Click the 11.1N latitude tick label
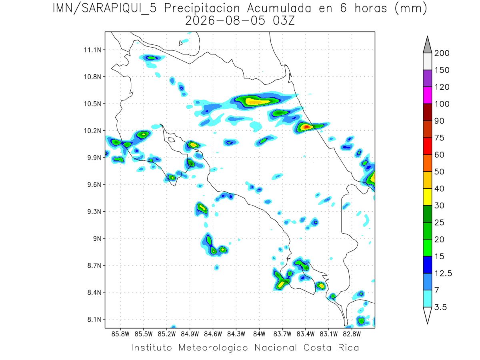pyautogui.click(x=93, y=50)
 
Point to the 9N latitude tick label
pyautogui.click(x=97, y=238)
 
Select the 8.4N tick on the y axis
pyautogui.click(x=94, y=292)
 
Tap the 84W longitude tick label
pyautogui.click(x=259, y=334)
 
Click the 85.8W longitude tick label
pyautogui.click(x=120, y=334)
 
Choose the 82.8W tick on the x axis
pyautogui.click(x=352, y=334)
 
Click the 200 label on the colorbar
pyautogui.click(x=442, y=53)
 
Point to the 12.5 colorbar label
pyautogui.click(x=443, y=274)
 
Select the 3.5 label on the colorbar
pyautogui.click(x=440, y=307)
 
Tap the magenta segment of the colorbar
pyautogui.click(x=427, y=95)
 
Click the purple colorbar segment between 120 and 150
pyautogui.click(x=427, y=78)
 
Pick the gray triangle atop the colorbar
pyautogui.click(x=427, y=45)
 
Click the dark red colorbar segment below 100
pyautogui.click(x=427, y=112)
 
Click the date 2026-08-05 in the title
pyautogui.click(x=225, y=21)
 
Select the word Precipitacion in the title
pyautogui.click(x=202, y=9)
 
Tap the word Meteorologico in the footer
pyautogui.click(x=213, y=348)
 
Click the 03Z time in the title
pyautogui.click(x=284, y=21)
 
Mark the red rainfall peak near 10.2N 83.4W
pyautogui.click(x=306, y=126)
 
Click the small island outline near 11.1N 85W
pyautogui.click(x=180, y=43)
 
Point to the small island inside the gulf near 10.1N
pyautogui.click(x=172, y=140)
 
